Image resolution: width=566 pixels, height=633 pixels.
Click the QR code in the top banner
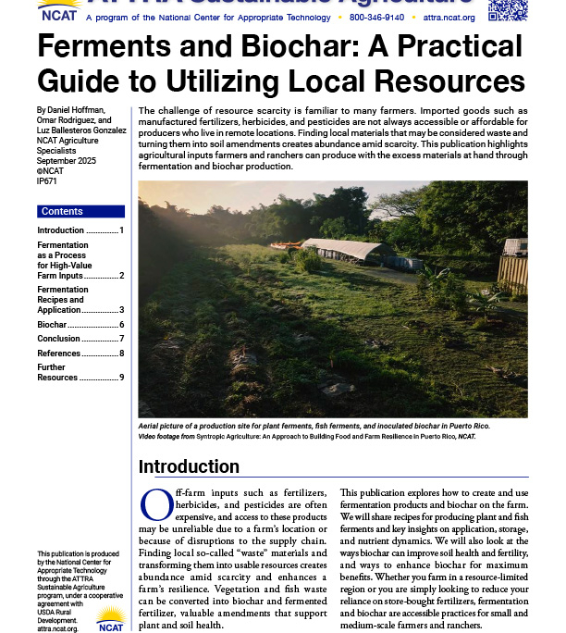507,9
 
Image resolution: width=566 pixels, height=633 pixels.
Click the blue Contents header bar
80,212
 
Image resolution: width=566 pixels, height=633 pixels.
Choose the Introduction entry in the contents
61,230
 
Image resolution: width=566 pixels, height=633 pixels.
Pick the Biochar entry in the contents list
53,325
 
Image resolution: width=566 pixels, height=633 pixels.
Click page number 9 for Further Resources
121,378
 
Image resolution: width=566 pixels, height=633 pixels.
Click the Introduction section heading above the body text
189,465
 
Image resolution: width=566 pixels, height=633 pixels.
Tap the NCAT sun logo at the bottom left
111,618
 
